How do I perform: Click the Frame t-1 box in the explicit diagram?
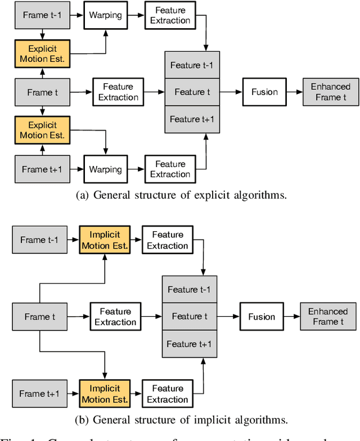43,15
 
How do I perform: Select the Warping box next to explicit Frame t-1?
105,15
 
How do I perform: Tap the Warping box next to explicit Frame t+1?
105,169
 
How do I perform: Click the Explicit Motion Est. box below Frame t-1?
43,54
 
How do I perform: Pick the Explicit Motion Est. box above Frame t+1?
43,130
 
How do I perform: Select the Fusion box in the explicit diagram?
264,92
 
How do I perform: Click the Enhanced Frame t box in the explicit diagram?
330,92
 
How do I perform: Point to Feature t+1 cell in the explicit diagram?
192,119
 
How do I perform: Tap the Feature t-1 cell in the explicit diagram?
192,65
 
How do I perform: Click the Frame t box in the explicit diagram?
43,92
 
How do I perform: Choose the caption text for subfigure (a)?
180,196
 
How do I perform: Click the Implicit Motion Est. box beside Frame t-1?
105,240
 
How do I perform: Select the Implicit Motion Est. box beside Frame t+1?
105,394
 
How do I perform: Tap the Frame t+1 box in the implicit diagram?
40,394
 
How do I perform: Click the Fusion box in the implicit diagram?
262,317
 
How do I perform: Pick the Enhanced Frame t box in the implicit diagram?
328,317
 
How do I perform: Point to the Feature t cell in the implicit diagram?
190,317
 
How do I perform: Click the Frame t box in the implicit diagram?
40,317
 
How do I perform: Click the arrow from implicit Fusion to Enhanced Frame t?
291,317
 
